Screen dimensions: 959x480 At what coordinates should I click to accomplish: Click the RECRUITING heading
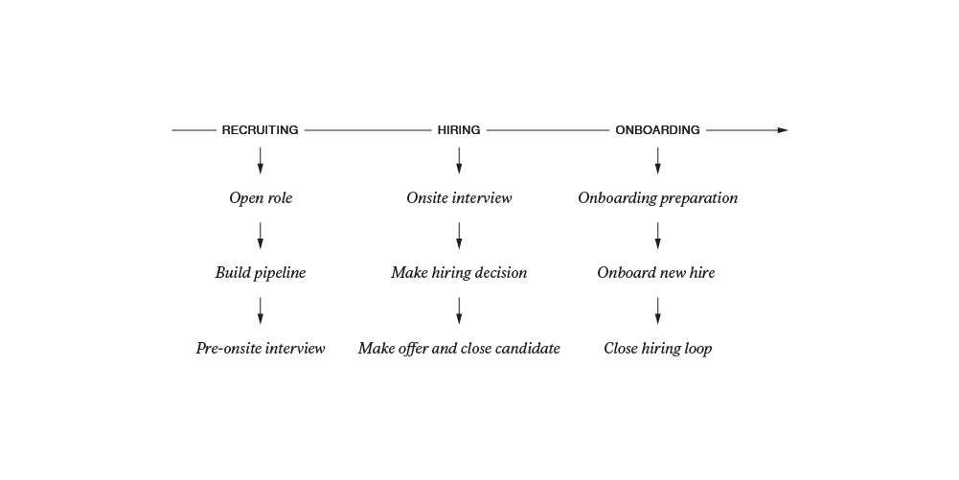click(x=260, y=130)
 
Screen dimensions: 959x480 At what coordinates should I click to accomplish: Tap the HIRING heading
click(x=459, y=130)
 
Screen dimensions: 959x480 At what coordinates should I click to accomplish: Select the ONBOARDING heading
click(x=657, y=130)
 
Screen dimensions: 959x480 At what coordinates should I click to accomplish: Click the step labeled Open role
click(x=261, y=198)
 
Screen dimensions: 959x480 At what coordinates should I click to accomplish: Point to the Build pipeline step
click(x=261, y=273)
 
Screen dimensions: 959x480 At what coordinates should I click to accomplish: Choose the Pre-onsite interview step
click(x=261, y=348)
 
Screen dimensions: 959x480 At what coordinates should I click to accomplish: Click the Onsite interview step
click(x=459, y=198)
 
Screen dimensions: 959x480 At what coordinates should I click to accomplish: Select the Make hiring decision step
click(x=459, y=273)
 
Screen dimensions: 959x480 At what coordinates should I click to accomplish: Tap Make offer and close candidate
click(x=459, y=348)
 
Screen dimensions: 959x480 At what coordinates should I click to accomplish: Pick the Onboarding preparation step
click(x=658, y=198)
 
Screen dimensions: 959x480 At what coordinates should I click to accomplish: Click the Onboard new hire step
click(x=656, y=273)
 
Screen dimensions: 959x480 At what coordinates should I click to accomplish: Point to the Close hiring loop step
click(x=658, y=348)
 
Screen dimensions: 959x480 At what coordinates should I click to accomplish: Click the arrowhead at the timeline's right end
click(x=783, y=130)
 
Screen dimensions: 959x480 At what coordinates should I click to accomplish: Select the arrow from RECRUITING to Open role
click(x=260, y=161)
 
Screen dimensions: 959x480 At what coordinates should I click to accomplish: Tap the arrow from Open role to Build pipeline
click(x=260, y=236)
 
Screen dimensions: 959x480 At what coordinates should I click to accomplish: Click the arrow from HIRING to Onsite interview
click(x=459, y=161)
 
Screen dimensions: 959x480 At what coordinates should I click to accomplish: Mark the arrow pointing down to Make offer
click(x=459, y=310)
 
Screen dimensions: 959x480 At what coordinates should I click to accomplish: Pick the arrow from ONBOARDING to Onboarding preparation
click(x=657, y=161)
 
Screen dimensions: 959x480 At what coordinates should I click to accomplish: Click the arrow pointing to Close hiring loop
click(x=657, y=310)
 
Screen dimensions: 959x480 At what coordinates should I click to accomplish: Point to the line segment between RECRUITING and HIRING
click(x=368, y=130)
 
